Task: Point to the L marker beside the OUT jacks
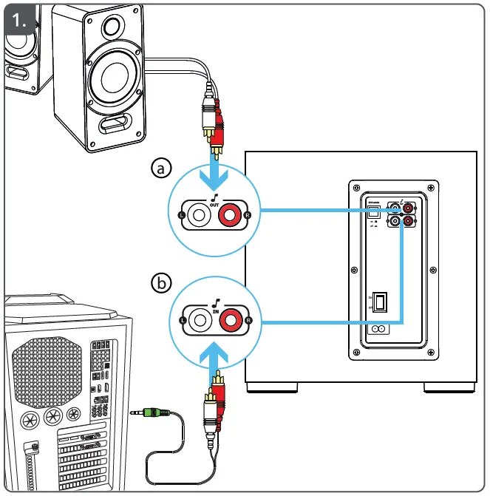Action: coord(182,215)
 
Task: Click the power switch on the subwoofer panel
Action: coord(381,301)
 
